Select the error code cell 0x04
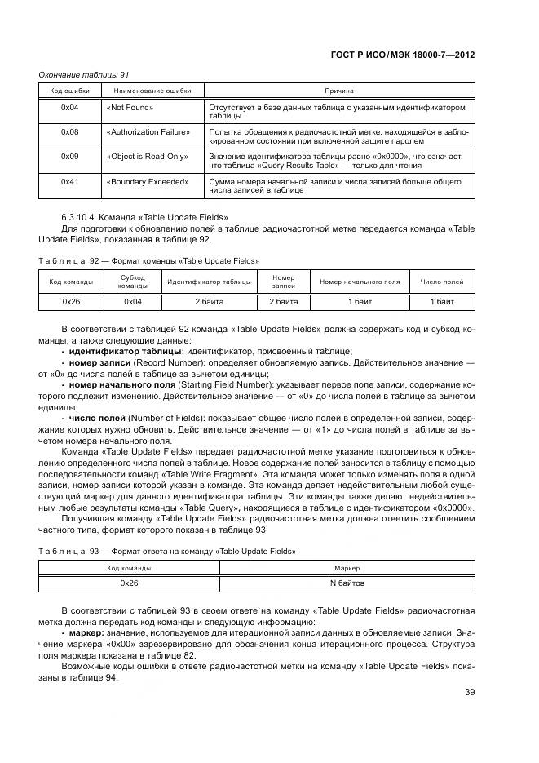69,108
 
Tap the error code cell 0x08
69,132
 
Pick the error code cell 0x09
69,157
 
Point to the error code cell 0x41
69,181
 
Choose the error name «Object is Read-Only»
147,157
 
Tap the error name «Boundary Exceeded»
147,181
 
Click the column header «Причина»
339,91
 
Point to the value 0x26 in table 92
71,302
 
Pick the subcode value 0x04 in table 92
132,302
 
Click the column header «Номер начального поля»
360,282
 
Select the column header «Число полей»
441,282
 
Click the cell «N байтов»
347,583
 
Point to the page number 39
469,692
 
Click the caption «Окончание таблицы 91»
84,74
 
